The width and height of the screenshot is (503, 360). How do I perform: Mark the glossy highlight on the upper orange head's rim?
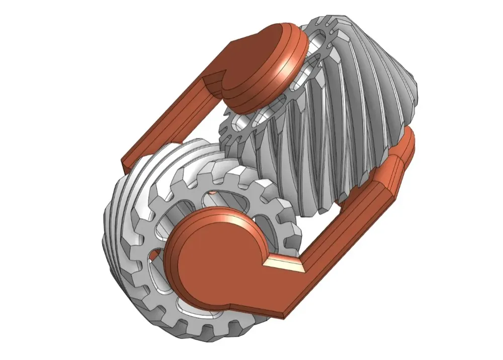tap(279, 75)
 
